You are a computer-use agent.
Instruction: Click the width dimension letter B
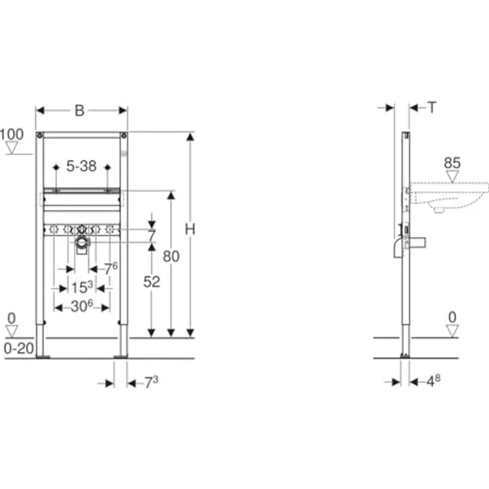(80, 110)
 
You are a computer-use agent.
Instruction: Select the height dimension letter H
(190, 229)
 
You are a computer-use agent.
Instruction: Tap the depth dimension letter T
(432, 106)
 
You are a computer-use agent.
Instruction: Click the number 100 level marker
(11, 134)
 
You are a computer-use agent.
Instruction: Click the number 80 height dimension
(171, 256)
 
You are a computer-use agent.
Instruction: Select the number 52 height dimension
(152, 281)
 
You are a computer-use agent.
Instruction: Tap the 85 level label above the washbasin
(452, 162)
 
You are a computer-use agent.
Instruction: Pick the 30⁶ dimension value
(82, 306)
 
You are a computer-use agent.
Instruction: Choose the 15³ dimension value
(82, 288)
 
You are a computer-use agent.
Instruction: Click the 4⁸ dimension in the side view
(433, 381)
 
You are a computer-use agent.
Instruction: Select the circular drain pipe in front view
(82, 244)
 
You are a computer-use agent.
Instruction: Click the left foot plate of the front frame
(42, 357)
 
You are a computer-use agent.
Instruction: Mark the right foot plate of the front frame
(122, 357)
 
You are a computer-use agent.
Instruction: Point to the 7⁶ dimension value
(110, 268)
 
